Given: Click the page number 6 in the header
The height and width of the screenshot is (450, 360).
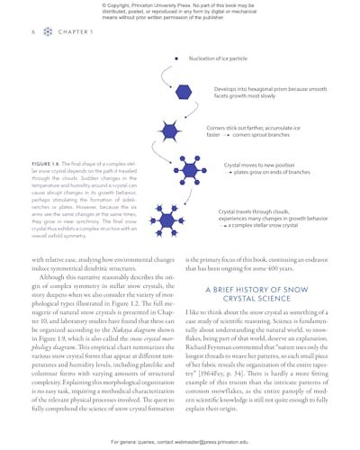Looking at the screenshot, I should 32,31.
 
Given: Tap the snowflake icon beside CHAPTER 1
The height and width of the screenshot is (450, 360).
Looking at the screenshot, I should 48,31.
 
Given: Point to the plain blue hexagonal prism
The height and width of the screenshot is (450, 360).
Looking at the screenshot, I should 182,93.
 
